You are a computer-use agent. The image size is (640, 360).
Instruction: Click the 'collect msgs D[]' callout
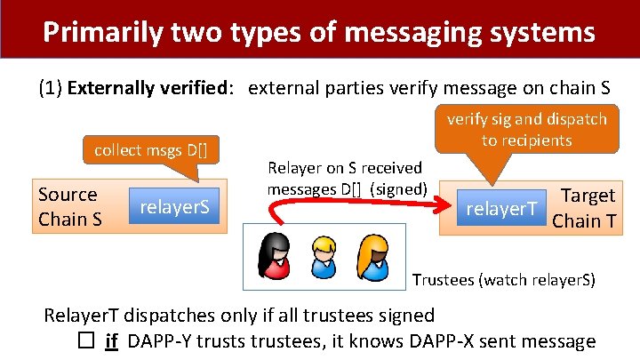151,148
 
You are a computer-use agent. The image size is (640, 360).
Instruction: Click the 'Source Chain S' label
68,206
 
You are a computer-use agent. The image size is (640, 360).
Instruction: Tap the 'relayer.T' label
502,208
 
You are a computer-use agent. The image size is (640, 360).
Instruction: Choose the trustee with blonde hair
324,257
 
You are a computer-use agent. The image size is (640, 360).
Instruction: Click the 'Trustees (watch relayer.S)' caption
503,281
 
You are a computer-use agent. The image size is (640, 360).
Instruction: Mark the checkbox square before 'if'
86,340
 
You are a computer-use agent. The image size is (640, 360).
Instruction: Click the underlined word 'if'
112,340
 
